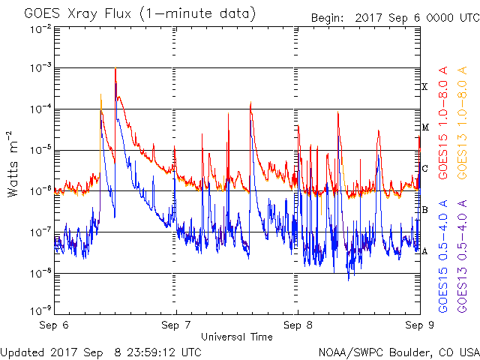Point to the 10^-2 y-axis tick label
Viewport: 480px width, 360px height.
click(40, 28)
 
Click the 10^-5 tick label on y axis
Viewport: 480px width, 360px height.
click(40, 151)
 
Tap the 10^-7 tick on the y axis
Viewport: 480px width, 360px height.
click(40, 232)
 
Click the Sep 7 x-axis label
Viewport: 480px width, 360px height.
click(176, 326)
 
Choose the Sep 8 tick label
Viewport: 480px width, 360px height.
click(298, 326)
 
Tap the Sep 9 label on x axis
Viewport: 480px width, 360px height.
click(418, 326)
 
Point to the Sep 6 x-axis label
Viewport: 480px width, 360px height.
click(55, 326)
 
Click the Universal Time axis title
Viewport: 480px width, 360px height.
click(236, 337)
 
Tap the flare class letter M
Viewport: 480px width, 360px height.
click(424, 128)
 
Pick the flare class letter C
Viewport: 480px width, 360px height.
click(424, 169)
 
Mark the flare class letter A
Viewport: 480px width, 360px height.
click(424, 251)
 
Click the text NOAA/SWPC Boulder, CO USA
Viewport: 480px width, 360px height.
click(398, 352)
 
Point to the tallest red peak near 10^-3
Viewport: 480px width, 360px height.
click(115, 68)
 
